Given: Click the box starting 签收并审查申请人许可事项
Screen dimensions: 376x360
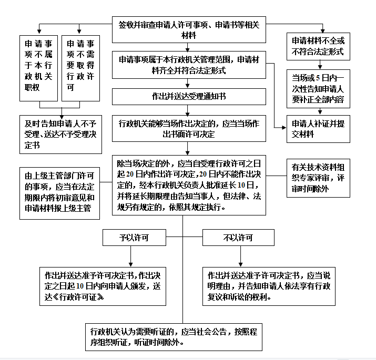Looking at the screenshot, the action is coord(189,30).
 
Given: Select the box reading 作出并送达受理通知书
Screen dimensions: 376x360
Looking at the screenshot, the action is coord(189,97).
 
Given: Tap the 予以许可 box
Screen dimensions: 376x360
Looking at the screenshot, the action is coord(134,238).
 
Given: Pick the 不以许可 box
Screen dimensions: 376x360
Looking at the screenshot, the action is coord(238,238).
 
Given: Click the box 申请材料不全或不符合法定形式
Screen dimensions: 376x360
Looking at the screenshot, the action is coord(318,46).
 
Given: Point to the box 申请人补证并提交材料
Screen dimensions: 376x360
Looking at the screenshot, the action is coord(318,129).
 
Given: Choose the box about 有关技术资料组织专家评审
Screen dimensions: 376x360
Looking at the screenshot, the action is coord(318,178).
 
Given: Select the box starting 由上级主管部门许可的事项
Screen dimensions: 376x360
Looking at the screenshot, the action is coord(60,193).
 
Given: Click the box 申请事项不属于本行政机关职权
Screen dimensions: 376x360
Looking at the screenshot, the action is coord(38,68).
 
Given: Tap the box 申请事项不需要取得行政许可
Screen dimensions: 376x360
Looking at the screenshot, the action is coord(81,68).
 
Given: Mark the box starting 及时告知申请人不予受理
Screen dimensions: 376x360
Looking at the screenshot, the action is coord(60,135).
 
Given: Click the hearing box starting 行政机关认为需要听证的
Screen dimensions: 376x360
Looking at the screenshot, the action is coord(174,337).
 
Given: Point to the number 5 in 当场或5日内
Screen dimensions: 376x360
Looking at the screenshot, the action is coord(318,78).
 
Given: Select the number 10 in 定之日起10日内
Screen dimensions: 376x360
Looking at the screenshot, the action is coord(80,286).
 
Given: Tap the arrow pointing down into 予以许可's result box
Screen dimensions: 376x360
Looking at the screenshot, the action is coord(131,256).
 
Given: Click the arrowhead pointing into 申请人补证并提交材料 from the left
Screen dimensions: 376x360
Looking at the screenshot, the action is coord(284,128).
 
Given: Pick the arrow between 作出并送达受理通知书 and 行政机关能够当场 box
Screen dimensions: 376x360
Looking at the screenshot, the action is coord(188,110).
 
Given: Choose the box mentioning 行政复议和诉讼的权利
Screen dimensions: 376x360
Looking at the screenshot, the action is coord(269,286).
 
